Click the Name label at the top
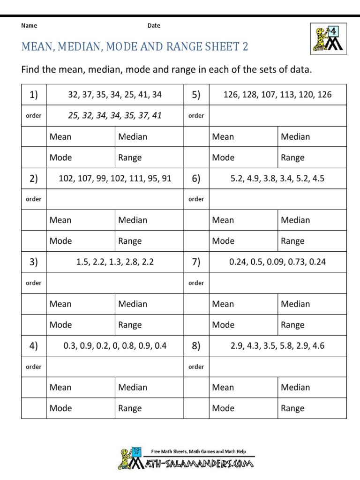point(29,26)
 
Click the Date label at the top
point(154,26)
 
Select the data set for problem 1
point(115,95)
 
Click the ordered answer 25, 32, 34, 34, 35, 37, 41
point(115,115)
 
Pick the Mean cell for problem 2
point(81,220)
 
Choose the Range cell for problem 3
point(149,325)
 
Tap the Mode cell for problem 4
point(81,408)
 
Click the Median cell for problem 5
point(312,136)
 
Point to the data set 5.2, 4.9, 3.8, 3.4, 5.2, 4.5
point(277,178)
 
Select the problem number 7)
point(196,262)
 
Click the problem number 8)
point(196,346)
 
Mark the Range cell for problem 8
point(312,408)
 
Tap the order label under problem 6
point(196,199)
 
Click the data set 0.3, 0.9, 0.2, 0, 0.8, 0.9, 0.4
point(115,346)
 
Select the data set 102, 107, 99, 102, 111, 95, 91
point(115,178)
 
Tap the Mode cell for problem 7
point(243,325)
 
